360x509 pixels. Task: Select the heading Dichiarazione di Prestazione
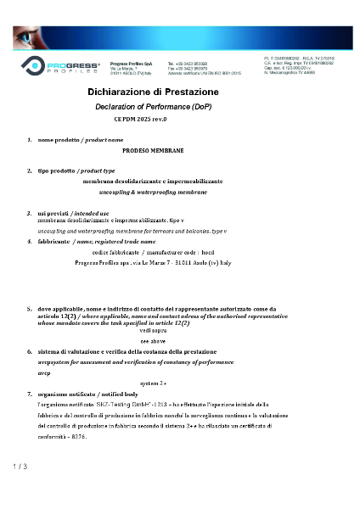click(x=153, y=92)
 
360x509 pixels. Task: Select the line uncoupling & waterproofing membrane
click(x=153, y=193)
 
